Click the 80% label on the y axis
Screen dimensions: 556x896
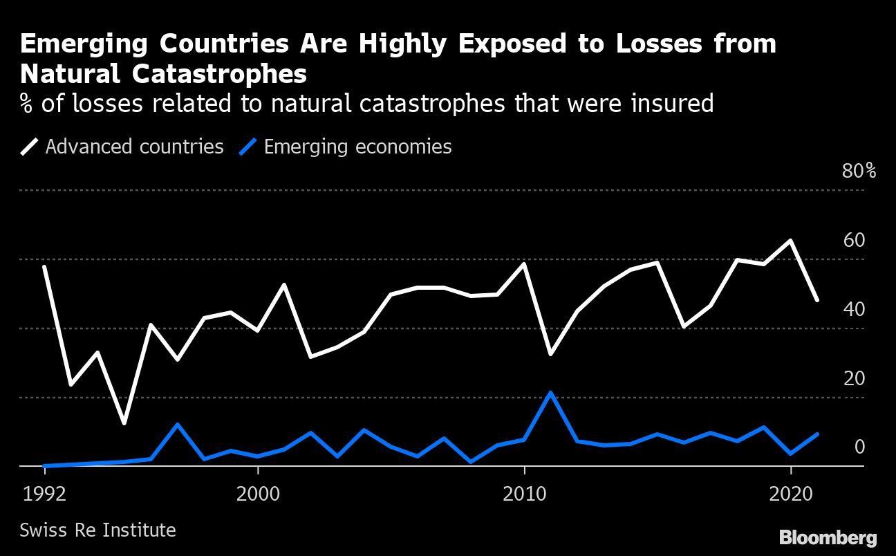click(x=859, y=171)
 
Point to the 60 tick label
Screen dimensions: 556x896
click(x=854, y=240)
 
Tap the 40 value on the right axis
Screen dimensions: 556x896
click(x=854, y=309)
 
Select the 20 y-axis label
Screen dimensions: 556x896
click(x=854, y=378)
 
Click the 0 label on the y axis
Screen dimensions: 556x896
click(x=859, y=447)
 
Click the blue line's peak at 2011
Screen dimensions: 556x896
click(x=550, y=393)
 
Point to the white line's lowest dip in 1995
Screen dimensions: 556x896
click(x=124, y=423)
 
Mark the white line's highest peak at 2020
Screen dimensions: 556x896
click(x=790, y=241)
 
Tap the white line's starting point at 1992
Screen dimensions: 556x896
click(x=44, y=267)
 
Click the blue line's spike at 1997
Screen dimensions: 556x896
click(x=178, y=424)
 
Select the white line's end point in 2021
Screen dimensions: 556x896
click(x=816, y=300)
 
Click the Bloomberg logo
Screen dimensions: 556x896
click(x=828, y=537)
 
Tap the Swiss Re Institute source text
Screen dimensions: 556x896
click(x=97, y=530)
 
